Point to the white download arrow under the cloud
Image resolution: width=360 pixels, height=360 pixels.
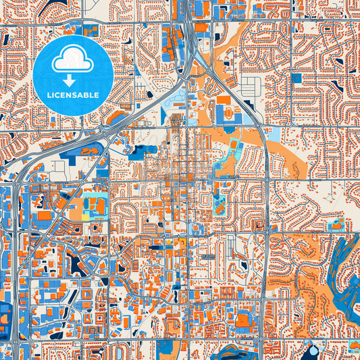tap(73, 80)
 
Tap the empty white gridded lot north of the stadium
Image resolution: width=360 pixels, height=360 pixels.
tap(251, 86)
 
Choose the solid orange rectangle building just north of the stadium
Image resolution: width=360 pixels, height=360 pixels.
tap(224, 100)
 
